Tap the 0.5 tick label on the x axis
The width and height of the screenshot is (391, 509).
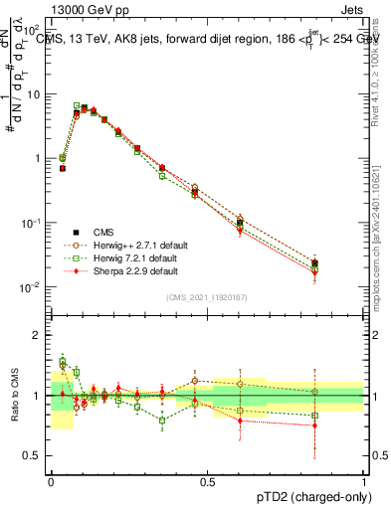(x=207, y=482)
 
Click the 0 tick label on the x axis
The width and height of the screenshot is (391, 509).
(x=51, y=482)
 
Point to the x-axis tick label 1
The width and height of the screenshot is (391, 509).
(x=363, y=482)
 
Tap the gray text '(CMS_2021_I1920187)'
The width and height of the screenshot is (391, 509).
(x=207, y=296)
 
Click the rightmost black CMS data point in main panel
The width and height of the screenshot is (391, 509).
(x=314, y=263)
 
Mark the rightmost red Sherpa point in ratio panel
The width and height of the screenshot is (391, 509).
(x=314, y=425)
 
